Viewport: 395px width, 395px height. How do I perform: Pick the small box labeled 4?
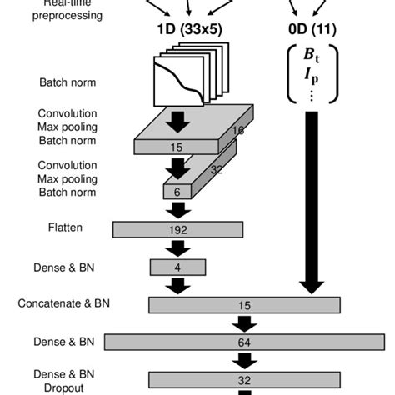pyautogui.click(x=177, y=267)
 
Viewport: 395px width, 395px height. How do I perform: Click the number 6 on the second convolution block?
pyautogui.click(x=177, y=191)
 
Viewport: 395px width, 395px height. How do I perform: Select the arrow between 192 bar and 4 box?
pyautogui.click(x=177, y=247)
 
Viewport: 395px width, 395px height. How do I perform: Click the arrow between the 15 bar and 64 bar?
pyautogui.click(x=244, y=323)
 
